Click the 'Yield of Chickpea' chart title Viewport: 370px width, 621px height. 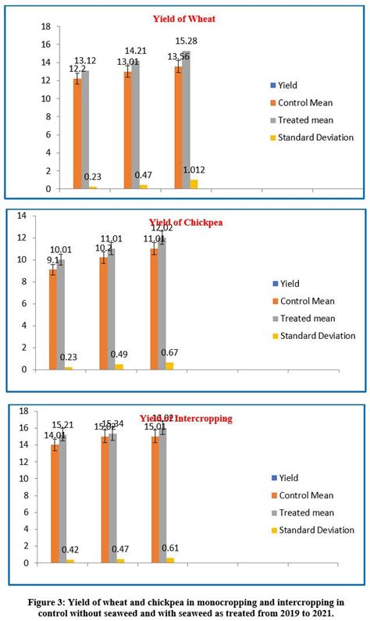pos(182,222)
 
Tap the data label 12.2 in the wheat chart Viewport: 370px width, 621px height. pos(79,69)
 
